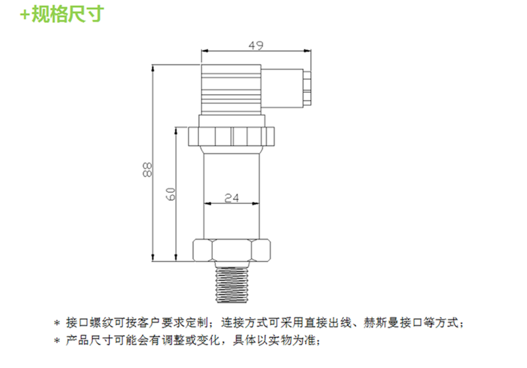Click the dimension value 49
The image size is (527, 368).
256,45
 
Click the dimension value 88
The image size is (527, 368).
147,170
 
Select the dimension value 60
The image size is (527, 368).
171,194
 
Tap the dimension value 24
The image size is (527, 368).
232,197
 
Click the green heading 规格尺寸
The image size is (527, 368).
68,14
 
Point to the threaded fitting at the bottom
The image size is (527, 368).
232,282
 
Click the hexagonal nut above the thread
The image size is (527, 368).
232,250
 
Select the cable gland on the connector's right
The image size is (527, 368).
307,87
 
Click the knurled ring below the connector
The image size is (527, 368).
232,136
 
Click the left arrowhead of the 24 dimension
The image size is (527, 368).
208,203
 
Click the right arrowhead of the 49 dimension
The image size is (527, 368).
308,51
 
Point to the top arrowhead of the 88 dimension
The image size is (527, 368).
153,68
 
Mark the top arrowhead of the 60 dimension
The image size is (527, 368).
175,130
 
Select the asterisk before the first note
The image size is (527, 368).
57,323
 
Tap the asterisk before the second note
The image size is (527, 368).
57,342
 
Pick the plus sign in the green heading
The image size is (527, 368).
25,15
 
